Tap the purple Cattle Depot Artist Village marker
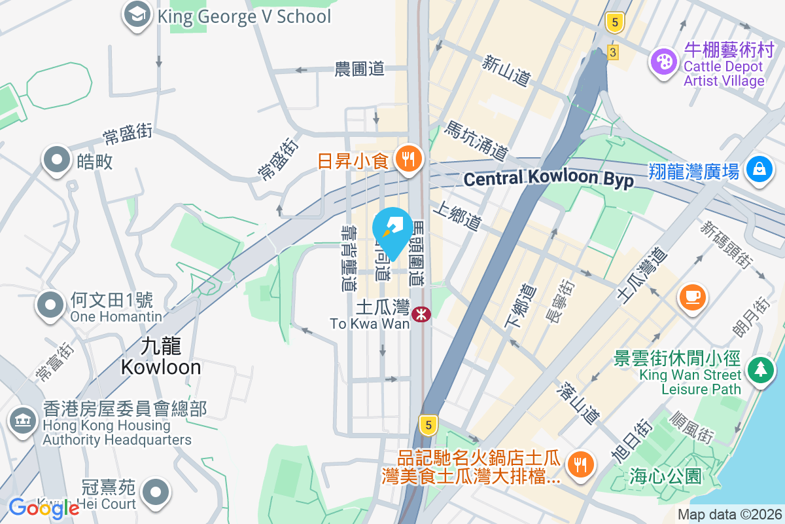[x=664, y=63]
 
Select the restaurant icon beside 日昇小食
[x=410, y=159]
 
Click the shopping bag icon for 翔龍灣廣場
[x=759, y=170]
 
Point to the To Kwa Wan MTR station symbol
[x=421, y=315]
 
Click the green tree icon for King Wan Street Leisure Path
[x=760, y=369]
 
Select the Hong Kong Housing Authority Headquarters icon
[x=24, y=420]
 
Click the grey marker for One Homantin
[x=51, y=305]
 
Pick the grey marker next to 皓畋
[x=57, y=160]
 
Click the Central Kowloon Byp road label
[x=548, y=178]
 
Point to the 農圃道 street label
[x=359, y=69]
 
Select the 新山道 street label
[x=506, y=69]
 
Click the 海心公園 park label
[x=666, y=476]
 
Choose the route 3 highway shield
[x=612, y=52]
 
